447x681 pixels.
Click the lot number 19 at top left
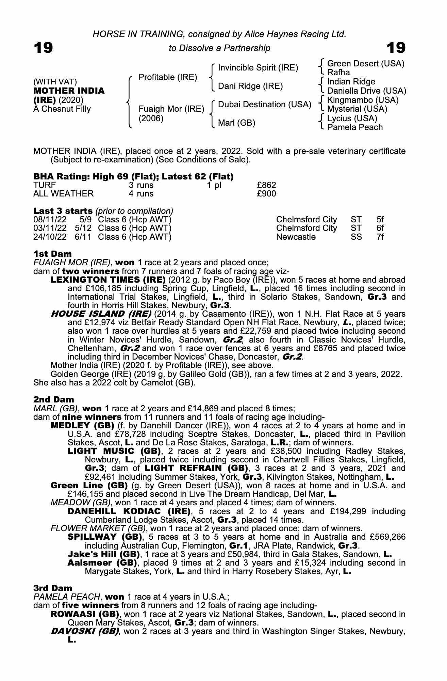click(x=43, y=48)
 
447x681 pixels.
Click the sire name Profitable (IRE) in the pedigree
click(x=168, y=77)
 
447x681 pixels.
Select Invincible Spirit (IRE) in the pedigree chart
click(x=258, y=68)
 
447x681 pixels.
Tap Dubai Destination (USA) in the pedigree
click(x=265, y=105)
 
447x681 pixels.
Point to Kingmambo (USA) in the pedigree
click(x=363, y=100)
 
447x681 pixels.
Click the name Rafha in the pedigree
click(x=338, y=73)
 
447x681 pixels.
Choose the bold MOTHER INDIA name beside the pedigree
click(x=69, y=91)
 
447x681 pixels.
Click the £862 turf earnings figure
click(x=266, y=185)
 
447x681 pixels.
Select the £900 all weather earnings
click(x=266, y=194)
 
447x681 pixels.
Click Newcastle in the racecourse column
click(x=296, y=237)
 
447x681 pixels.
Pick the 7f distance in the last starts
click(x=380, y=237)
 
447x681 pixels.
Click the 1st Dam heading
click(x=53, y=254)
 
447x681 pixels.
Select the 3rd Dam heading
click(x=53, y=588)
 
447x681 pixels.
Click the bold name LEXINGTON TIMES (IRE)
click(x=108, y=280)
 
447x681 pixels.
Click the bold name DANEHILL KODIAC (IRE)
click(x=129, y=511)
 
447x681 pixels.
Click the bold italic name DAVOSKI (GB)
click(x=85, y=631)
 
